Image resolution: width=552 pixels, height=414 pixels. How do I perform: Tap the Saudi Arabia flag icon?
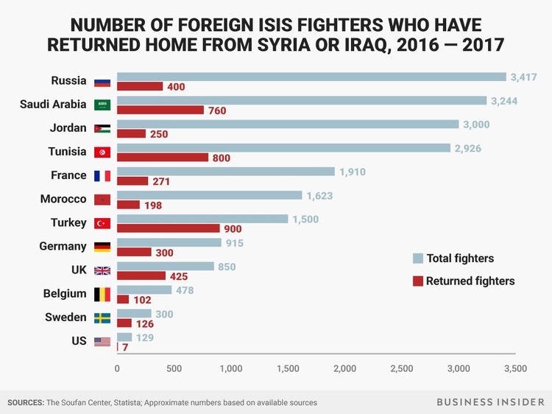pos(102,105)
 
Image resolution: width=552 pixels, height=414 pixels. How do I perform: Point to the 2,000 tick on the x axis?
pos(344,368)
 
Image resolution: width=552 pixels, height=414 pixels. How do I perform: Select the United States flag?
pos(102,341)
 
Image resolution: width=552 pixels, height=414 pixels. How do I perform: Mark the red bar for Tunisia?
pos(163,157)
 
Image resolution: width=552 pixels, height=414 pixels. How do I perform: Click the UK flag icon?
pos(102,270)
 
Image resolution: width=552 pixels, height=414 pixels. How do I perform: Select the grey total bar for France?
pos(225,172)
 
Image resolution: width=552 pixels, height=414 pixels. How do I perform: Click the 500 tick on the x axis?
pos(174,368)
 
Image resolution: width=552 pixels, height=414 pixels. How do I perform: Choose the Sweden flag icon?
pos(102,317)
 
